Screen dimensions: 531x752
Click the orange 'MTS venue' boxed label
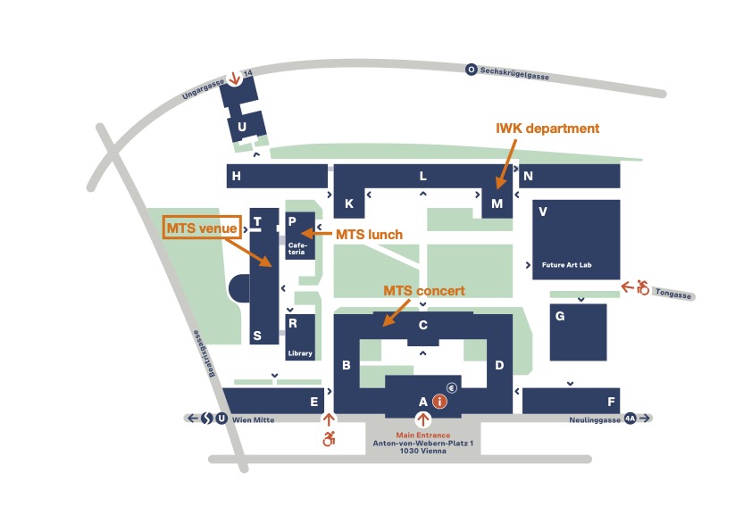point(200,228)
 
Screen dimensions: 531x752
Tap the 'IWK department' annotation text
point(547,129)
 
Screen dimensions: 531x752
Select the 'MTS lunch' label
point(369,235)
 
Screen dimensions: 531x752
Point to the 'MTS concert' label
point(423,291)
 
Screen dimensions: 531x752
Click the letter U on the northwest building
point(241,128)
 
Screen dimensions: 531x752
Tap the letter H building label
point(236,177)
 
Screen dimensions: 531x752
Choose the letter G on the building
point(560,316)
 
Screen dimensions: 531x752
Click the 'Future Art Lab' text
point(567,265)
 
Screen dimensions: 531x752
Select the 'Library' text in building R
point(300,353)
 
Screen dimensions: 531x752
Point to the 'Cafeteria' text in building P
point(297,248)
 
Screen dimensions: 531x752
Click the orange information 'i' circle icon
point(439,402)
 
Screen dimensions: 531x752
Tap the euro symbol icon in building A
point(452,387)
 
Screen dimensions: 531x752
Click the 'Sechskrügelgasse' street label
point(514,72)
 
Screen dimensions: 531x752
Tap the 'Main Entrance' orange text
point(423,435)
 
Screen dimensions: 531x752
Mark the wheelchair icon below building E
point(330,438)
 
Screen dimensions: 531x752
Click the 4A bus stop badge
point(630,419)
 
